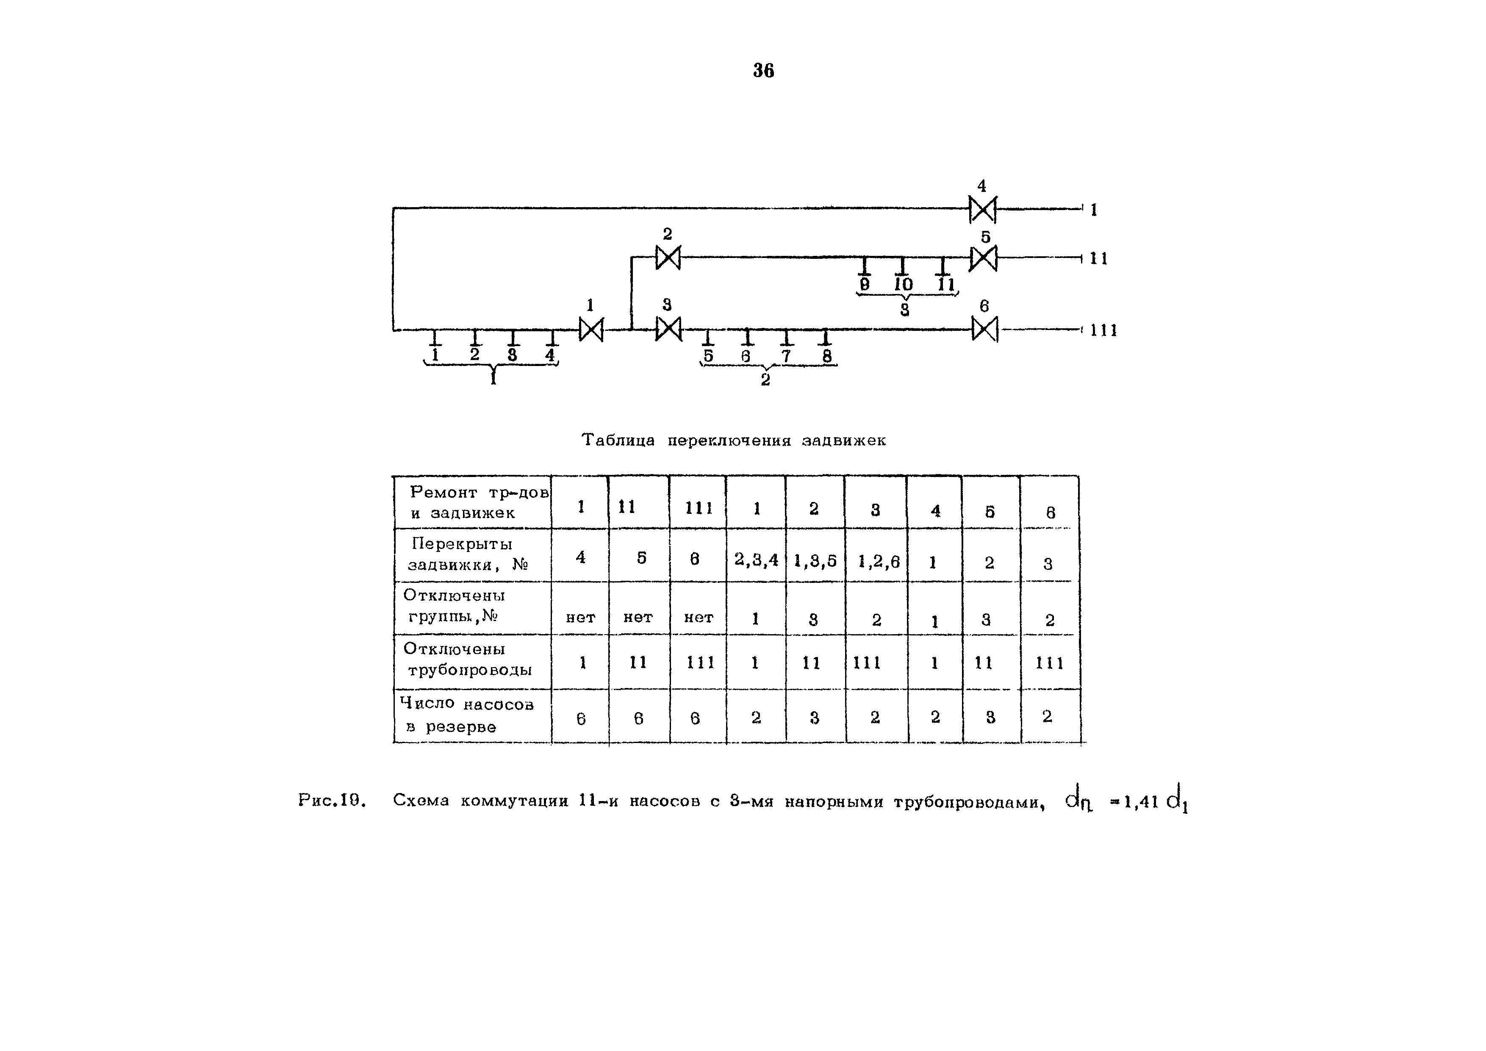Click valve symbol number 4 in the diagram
pos(982,209)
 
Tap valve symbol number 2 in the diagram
pos(668,258)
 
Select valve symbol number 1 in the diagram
pos(590,330)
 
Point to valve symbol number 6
pos(984,330)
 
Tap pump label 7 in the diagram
pos(786,356)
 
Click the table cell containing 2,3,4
pos(756,559)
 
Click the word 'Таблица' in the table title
pos(618,440)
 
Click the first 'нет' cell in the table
pos(581,617)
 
